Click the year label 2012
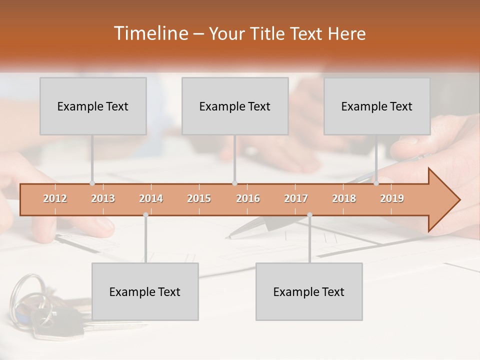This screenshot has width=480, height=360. click(55, 199)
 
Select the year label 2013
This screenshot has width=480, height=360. click(103, 199)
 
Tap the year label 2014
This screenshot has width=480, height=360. click(151, 199)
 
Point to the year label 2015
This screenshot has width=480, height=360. click(199, 199)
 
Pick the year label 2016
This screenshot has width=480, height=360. click(248, 199)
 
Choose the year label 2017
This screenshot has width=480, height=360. click(296, 199)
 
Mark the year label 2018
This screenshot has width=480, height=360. click(344, 199)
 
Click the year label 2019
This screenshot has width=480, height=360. click(392, 199)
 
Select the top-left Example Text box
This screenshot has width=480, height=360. click(93, 106)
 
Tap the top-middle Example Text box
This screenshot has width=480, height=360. click(235, 106)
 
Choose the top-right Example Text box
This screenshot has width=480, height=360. click(377, 106)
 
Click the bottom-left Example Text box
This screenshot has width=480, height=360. click(145, 291)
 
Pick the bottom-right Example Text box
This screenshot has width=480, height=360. click(309, 291)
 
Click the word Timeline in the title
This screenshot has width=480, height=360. click(150, 33)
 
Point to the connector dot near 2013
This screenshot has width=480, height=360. click(92, 183)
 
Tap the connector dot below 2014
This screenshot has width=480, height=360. click(145, 215)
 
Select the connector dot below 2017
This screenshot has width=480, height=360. click(309, 215)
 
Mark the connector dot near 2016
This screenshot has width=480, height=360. click(234, 183)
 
